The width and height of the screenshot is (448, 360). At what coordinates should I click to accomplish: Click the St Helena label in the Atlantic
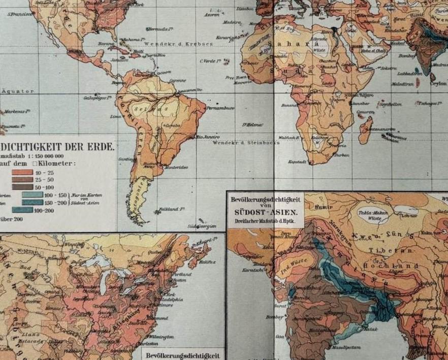point(251,124)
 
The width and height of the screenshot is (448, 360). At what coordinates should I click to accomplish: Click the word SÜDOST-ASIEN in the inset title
point(264,214)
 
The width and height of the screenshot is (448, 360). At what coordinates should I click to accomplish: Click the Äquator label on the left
point(18,92)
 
